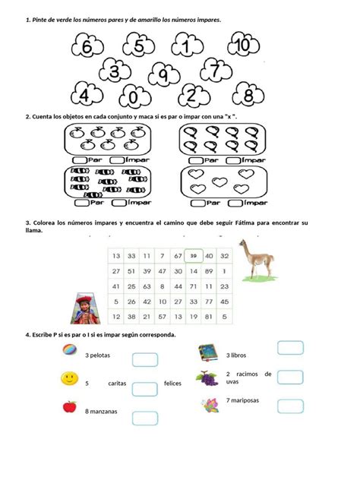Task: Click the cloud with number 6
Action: tap(87, 47)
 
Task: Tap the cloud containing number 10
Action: tap(242, 46)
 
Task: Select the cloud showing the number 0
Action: tap(134, 96)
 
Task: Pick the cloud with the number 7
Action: tap(215, 71)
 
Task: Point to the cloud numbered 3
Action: tap(115, 73)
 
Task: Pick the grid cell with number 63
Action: tap(147, 286)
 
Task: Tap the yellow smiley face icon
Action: tap(69, 378)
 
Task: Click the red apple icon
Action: tap(69, 406)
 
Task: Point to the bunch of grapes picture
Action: tap(207, 377)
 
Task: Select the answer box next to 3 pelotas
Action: tap(144, 359)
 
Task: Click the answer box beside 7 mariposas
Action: tap(290, 406)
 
